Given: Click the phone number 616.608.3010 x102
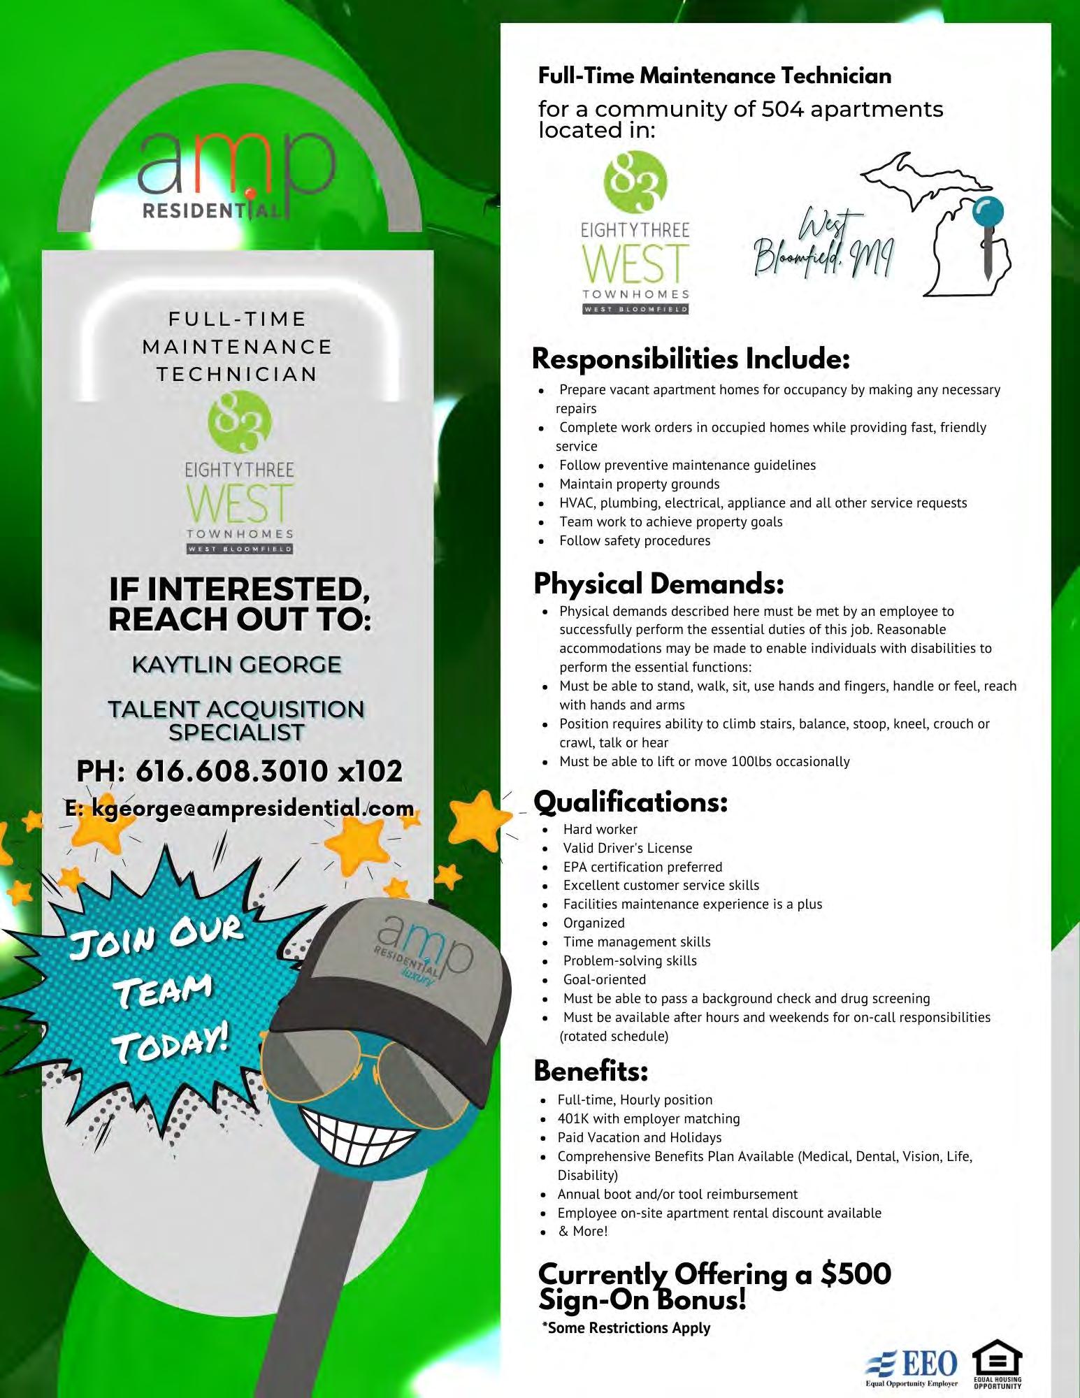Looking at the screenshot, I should click(x=239, y=771).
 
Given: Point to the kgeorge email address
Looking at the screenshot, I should click(x=239, y=808).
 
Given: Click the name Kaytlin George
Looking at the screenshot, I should click(x=236, y=664).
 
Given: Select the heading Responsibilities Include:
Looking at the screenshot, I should click(x=691, y=359).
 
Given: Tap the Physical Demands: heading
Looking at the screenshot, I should click(x=658, y=584).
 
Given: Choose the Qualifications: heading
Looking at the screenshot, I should click(x=631, y=802).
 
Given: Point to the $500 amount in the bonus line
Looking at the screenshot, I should click(x=856, y=1274).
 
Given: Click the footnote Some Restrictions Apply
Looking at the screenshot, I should click(x=627, y=1328).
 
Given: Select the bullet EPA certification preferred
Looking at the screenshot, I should click(x=642, y=867).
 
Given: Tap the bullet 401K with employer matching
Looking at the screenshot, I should click(x=648, y=1118).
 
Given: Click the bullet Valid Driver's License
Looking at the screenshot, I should click(x=627, y=848).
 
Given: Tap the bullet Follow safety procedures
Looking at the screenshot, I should click(x=634, y=540).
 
